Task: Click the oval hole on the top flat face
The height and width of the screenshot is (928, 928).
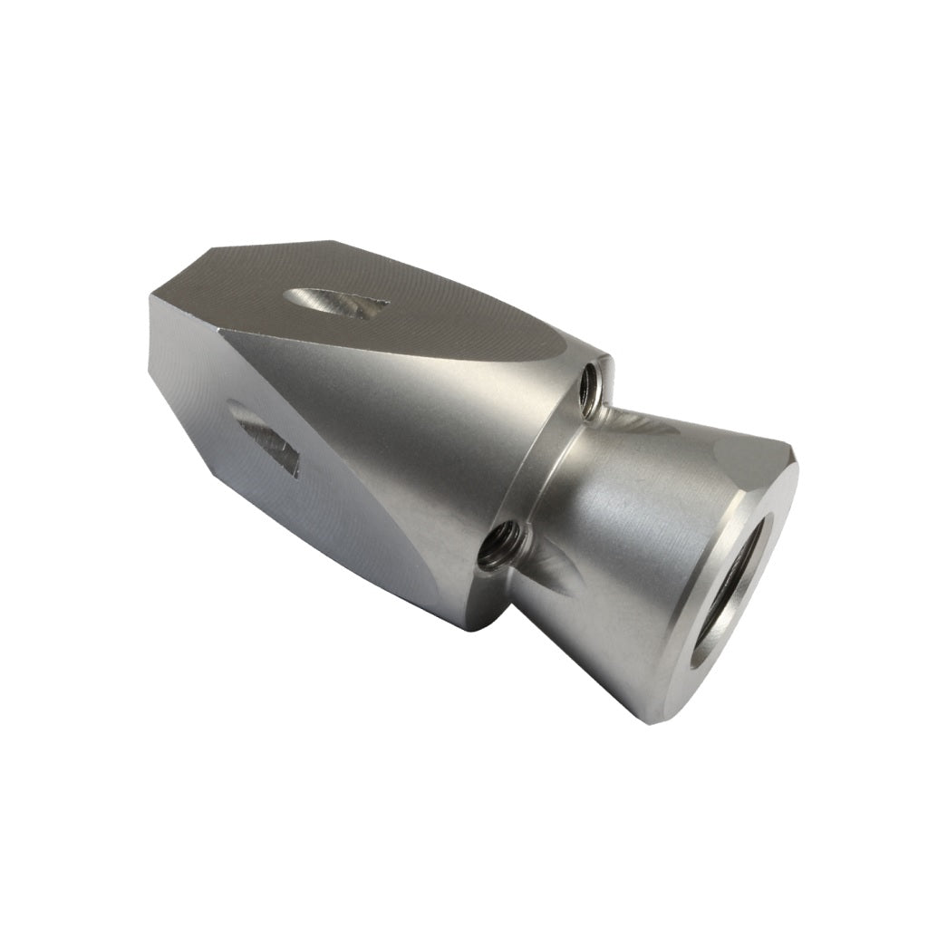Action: [335, 303]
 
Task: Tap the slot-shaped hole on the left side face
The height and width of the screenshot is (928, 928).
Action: [265, 439]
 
